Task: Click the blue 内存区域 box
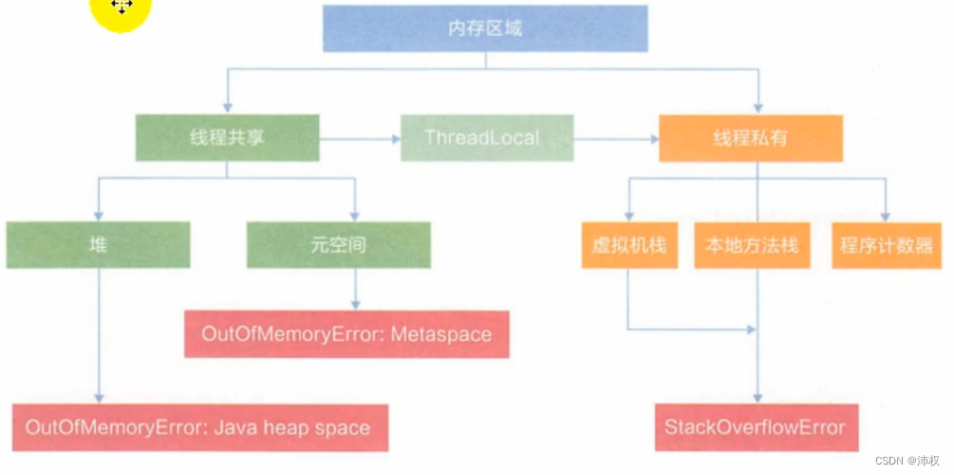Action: (x=485, y=28)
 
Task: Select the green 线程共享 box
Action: (x=226, y=138)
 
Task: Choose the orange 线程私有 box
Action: (x=750, y=138)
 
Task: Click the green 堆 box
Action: (x=98, y=245)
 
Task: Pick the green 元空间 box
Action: (x=338, y=245)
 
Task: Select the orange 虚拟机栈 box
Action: (x=628, y=245)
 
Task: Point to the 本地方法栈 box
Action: (x=752, y=245)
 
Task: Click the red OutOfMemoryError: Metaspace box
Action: (x=346, y=334)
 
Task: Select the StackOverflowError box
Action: (x=756, y=427)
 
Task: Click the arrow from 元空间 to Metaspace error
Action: (x=355, y=289)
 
